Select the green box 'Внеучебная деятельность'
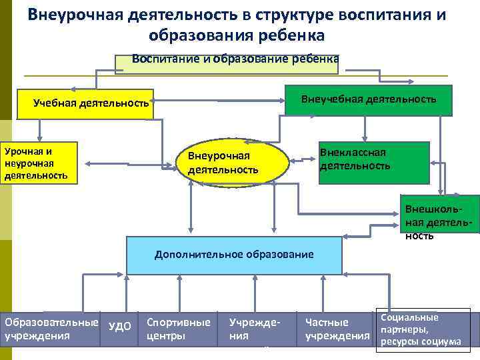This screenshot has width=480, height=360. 368,101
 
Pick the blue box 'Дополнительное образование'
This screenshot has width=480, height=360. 233,255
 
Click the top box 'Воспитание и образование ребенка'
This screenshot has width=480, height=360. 227,63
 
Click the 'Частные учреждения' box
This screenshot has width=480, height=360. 337,329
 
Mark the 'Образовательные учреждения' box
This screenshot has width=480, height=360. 50,329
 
